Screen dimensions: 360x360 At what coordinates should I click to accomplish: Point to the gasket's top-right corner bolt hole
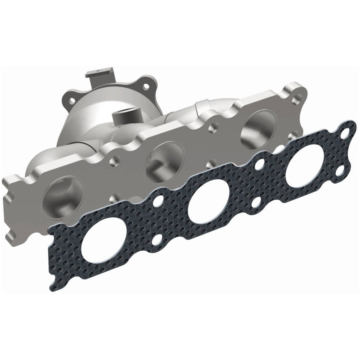345,134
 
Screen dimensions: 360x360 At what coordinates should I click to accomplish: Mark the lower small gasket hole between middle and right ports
256,202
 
